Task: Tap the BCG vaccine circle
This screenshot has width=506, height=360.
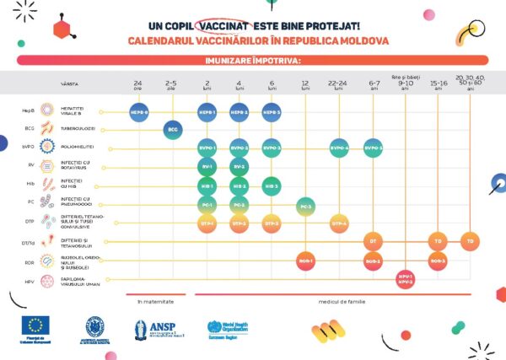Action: click(x=172, y=129)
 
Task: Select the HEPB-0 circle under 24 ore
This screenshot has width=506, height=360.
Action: click(x=139, y=111)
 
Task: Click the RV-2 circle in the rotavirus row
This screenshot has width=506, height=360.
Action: click(x=239, y=166)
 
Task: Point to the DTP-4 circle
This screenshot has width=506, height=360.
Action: click(x=338, y=223)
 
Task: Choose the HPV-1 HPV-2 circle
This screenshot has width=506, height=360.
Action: click(x=406, y=279)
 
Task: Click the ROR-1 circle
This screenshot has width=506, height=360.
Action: click(x=305, y=261)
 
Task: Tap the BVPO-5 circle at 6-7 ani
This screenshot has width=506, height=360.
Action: click(x=374, y=148)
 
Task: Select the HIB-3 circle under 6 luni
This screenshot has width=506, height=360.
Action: click(x=272, y=185)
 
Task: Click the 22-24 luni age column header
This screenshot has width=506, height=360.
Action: click(x=338, y=85)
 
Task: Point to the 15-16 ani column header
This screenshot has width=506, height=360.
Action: click(x=439, y=85)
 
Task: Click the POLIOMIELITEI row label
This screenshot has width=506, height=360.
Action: click(x=78, y=147)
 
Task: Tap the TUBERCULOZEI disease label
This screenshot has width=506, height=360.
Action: click(x=78, y=129)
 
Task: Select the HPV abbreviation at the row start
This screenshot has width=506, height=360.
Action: click(x=30, y=280)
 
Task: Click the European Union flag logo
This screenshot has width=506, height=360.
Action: click(x=36, y=326)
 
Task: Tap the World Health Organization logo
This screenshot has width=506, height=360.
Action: click(x=226, y=328)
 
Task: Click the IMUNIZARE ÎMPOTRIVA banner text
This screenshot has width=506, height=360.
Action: click(x=252, y=61)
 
